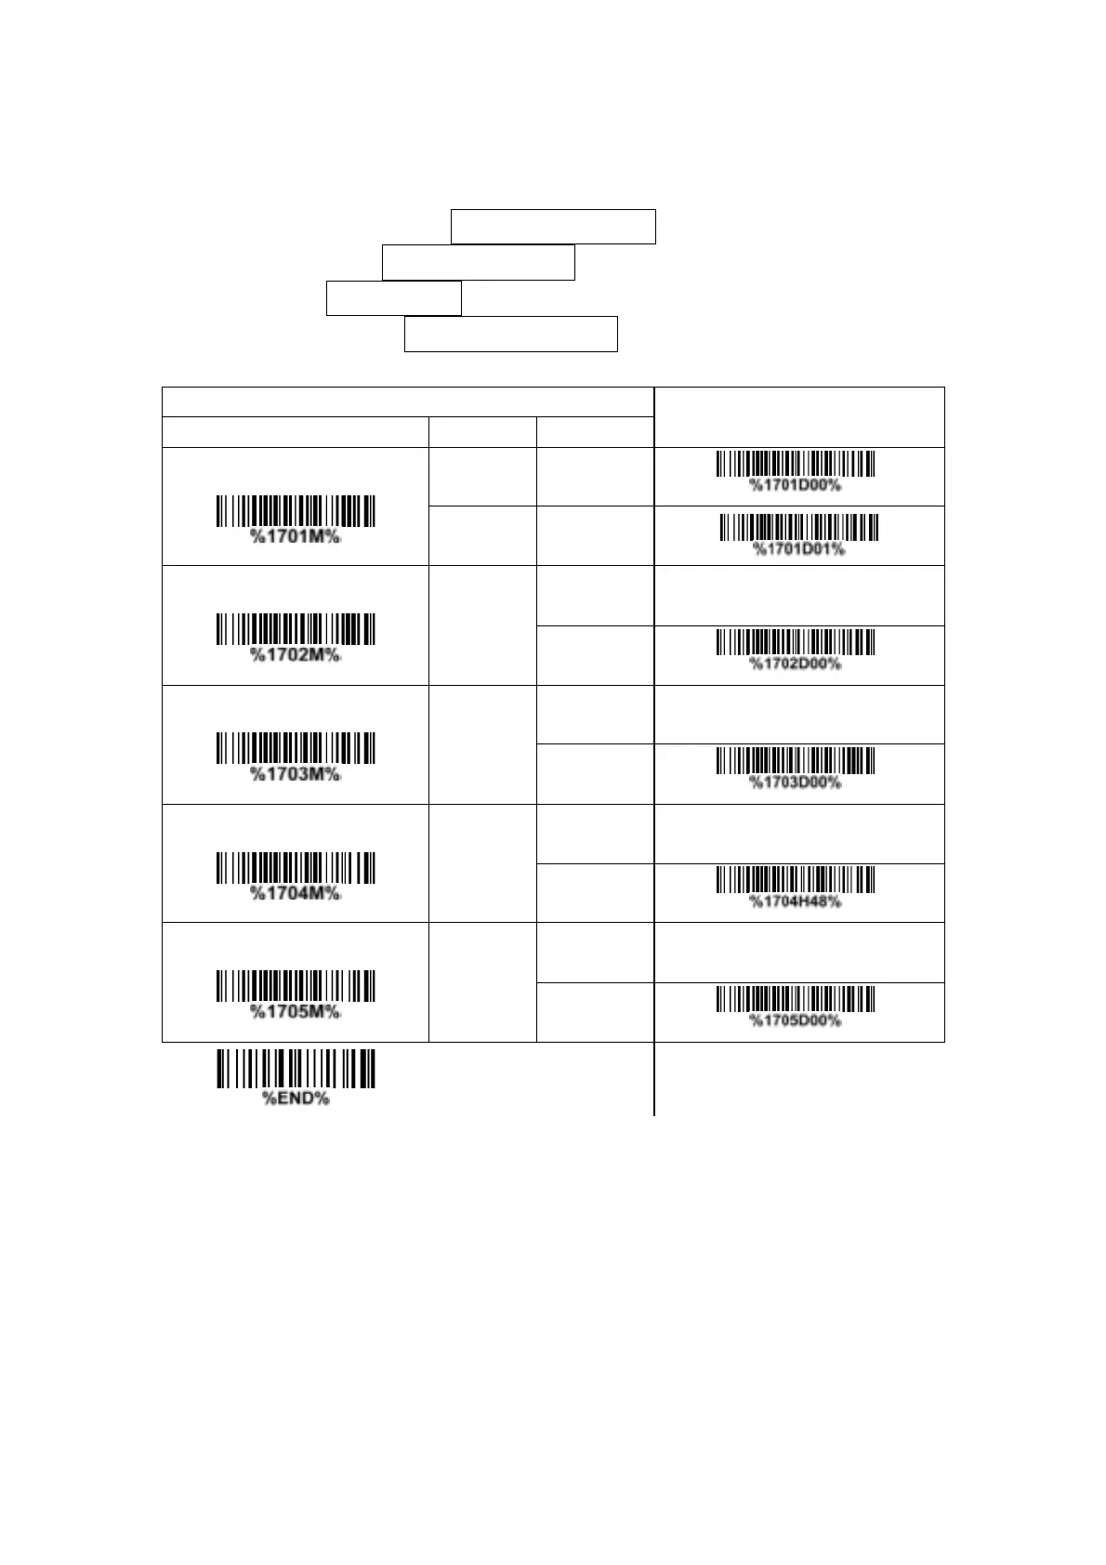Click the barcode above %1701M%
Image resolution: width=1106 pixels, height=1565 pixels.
(x=296, y=511)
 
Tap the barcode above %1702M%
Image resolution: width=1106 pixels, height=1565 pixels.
(x=296, y=629)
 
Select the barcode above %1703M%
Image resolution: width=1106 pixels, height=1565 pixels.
(x=296, y=748)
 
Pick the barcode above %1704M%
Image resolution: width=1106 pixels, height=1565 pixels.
(x=296, y=867)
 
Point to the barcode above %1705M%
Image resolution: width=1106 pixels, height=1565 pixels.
(x=296, y=985)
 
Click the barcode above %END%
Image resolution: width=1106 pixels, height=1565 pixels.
(x=296, y=1069)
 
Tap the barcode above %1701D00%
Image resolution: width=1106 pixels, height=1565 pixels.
(x=795, y=464)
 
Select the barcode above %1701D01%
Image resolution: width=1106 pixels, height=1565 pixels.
(x=798, y=527)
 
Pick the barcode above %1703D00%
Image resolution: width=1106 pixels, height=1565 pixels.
(x=795, y=760)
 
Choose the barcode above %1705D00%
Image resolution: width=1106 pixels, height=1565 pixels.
(x=795, y=998)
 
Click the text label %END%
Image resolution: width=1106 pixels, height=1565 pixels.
(x=296, y=1098)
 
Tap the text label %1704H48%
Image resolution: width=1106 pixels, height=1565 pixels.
(x=796, y=901)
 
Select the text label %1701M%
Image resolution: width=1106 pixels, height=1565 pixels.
(x=296, y=537)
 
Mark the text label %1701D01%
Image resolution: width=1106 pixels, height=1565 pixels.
(x=798, y=549)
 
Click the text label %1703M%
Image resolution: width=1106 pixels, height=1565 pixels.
(x=296, y=774)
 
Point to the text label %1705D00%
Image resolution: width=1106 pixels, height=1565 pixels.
(x=796, y=1020)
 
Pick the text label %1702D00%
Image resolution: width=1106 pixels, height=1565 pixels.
(x=796, y=664)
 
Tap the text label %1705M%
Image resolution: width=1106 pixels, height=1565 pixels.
(x=296, y=1011)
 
